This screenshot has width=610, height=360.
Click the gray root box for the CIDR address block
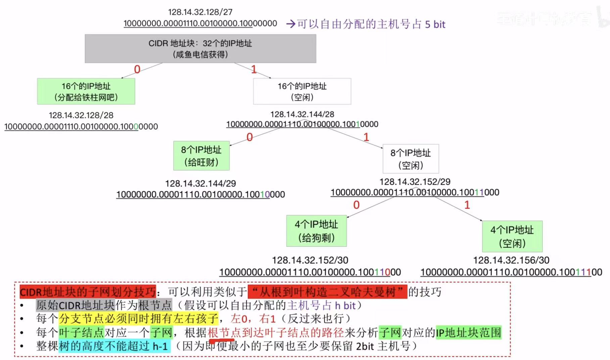200,49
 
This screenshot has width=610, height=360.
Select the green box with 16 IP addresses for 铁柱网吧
86,91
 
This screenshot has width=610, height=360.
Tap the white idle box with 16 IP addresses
302,91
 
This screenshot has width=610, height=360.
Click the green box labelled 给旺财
201,156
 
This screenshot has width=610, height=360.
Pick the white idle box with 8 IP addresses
411,159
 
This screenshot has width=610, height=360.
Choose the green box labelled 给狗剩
317,231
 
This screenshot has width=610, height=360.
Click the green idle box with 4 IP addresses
512,236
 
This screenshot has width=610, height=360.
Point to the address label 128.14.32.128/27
200,12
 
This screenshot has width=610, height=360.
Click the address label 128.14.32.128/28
81,115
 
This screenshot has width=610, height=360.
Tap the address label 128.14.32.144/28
302,114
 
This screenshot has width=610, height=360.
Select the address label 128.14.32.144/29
200,184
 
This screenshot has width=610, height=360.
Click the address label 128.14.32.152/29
415,182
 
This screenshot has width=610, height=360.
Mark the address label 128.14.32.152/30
310,260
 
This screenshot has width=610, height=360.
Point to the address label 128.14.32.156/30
511,260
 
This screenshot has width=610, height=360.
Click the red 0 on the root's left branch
137,69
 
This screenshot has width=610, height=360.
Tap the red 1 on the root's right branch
254,69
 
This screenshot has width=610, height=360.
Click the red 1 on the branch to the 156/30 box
467,205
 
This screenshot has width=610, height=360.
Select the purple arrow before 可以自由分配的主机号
291,24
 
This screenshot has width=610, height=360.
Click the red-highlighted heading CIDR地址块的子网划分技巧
88,292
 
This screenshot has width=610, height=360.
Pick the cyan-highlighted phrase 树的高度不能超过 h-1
114,346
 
